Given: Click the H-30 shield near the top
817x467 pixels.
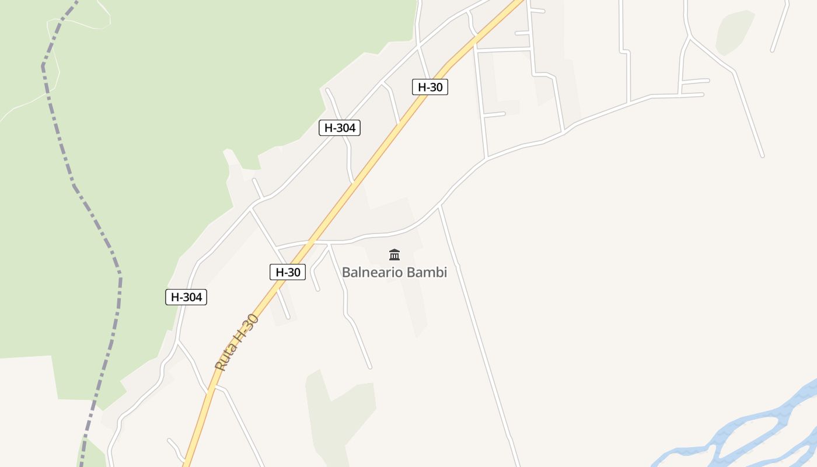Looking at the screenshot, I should [x=430, y=88].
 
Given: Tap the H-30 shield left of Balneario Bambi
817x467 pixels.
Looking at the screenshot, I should [x=288, y=272].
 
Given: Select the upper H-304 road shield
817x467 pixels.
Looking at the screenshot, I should [x=340, y=128].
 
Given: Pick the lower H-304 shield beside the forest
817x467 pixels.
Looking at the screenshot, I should [x=186, y=297].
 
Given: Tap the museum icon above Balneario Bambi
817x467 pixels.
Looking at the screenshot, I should [x=394, y=255].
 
